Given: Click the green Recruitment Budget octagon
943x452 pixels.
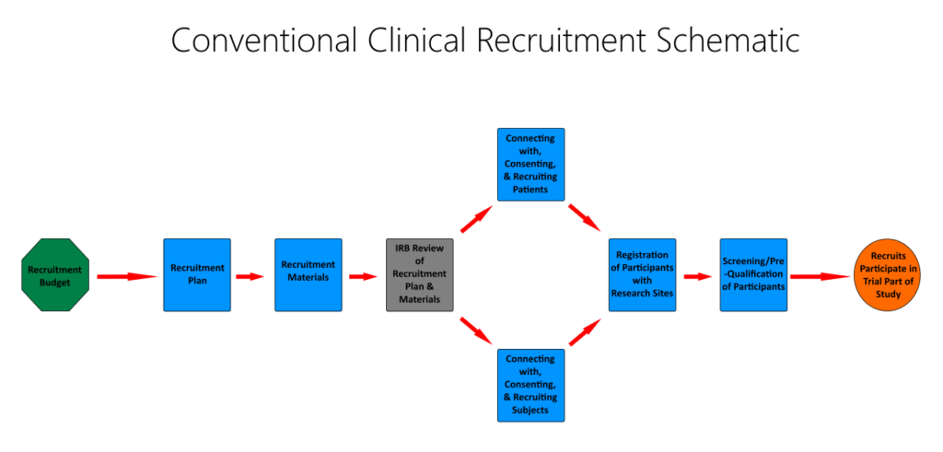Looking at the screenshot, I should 54,275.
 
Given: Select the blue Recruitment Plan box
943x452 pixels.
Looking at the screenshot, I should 197,275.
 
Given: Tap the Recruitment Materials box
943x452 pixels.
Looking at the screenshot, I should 309,275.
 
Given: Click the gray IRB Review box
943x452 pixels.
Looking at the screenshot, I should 420,275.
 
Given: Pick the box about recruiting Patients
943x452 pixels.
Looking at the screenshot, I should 530,164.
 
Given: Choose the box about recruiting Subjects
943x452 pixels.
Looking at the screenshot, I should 530,385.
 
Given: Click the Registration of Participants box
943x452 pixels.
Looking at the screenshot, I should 642,275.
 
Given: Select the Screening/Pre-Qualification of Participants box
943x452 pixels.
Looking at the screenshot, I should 753,275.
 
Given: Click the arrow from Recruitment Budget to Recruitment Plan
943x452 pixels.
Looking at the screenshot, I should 126,276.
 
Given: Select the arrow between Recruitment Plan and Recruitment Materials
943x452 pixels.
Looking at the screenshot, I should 250,276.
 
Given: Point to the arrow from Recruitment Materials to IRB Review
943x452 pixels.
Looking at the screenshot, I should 362,276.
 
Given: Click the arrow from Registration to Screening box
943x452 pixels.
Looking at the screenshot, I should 697,276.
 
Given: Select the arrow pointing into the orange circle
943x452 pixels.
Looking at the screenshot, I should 820,276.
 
